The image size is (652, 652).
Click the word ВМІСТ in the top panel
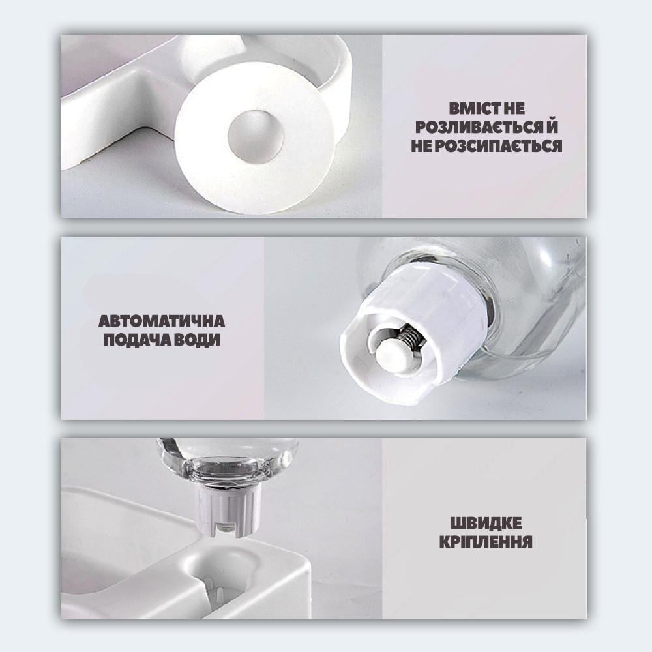(475, 108)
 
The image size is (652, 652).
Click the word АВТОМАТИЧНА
(162, 321)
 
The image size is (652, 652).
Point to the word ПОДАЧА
(133, 340)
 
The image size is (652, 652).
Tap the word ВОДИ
(193, 340)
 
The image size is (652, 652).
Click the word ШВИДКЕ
(486, 523)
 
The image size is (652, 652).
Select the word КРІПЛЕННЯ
(486, 542)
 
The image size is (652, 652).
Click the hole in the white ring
(256, 136)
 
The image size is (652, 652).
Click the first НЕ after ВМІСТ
(514, 108)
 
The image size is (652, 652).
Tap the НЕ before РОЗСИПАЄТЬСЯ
(422, 145)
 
